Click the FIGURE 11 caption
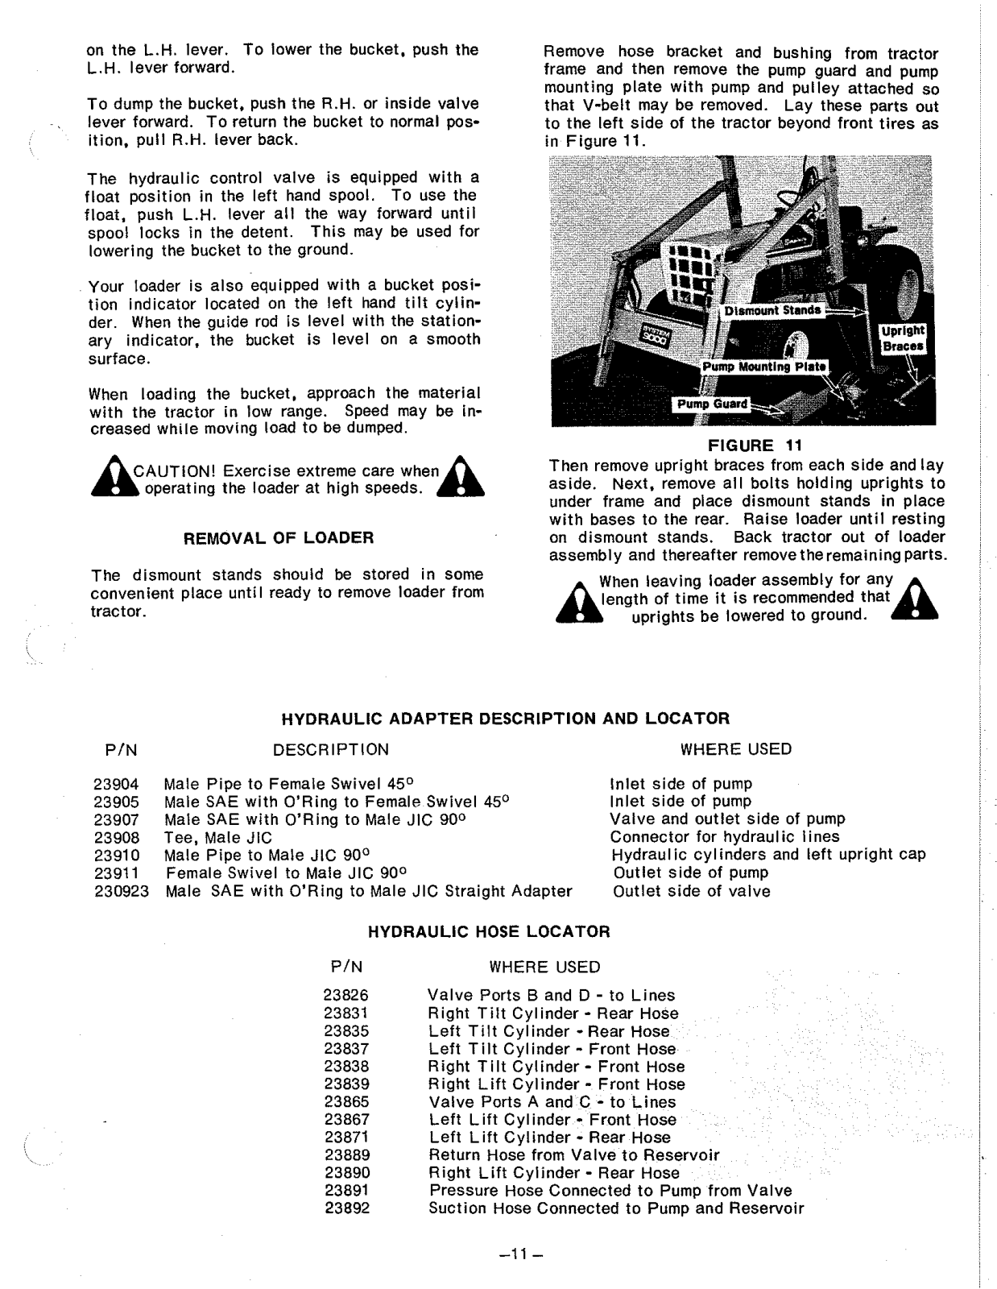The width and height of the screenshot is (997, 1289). pyautogui.click(x=751, y=446)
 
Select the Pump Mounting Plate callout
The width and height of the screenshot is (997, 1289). pyautogui.click(x=763, y=367)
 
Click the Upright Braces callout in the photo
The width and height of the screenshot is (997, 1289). pyautogui.click(x=904, y=338)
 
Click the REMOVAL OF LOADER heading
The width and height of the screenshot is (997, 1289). pyautogui.click(x=279, y=537)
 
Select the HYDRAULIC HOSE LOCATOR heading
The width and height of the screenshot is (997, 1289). pyautogui.click(x=489, y=932)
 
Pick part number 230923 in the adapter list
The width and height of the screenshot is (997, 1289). pyautogui.click(x=122, y=891)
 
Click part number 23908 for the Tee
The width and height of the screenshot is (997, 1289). pyautogui.click(x=116, y=838)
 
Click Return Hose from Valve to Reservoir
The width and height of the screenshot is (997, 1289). pyautogui.click(x=574, y=1155)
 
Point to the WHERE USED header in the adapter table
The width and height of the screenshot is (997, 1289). pyautogui.click(x=735, y=749)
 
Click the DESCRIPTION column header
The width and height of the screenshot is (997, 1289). pyautogui.click(x=330, y=749)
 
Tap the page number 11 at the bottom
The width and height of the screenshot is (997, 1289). pyautogui.click(x=511, y=1254)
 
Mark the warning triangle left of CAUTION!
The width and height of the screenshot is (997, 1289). pyautogui.click(x=113, y=479)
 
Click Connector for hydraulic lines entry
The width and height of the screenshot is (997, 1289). pyautogui.click(x=724, y=838)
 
